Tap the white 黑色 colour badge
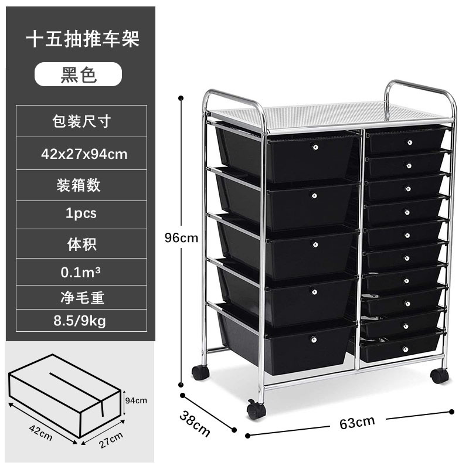tap(79, 75)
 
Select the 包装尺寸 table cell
tap(81, 121)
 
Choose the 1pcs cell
tap(81, 213)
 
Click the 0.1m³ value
tap(81, 272)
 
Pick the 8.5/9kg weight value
tap(81, 321)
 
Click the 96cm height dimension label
tap(181, 238)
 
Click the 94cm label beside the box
tap(137, 400)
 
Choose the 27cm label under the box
tap(112, 437)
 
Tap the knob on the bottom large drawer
tap(313, 339)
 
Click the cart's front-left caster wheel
tap(256, 410)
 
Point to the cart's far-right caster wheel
tap(439, 375)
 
